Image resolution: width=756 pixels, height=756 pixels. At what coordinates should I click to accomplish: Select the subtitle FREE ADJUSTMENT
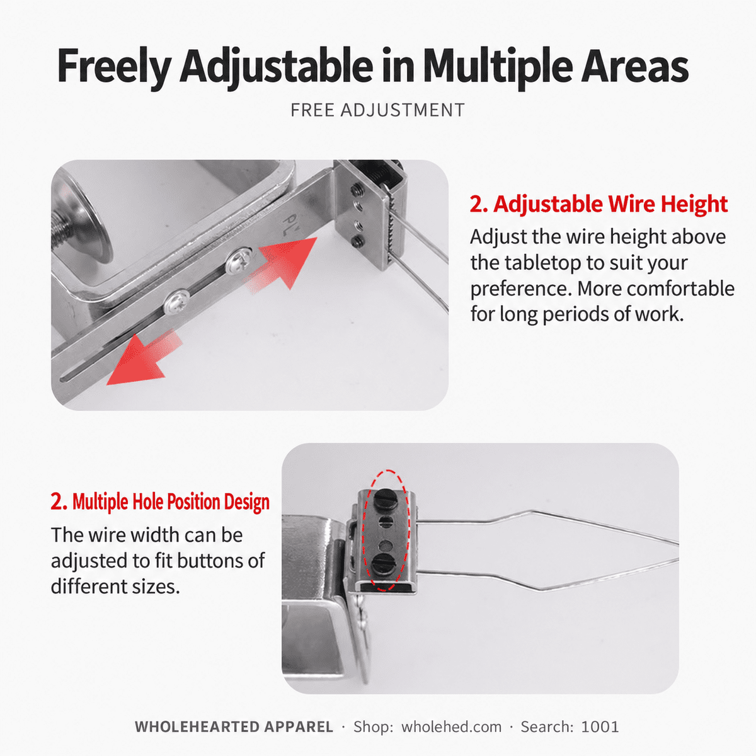(377, 110)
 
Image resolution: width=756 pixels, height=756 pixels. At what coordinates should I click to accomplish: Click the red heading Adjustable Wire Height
(598, 204)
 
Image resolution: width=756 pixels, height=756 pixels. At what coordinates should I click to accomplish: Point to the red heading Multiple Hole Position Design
(160, 501)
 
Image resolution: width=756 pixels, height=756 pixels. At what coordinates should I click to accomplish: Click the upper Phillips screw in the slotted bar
(239, 260)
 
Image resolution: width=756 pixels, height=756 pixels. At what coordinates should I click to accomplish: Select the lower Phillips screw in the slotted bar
(177, 302)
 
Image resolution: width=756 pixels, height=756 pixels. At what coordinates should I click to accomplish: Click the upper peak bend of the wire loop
(531, 511)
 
